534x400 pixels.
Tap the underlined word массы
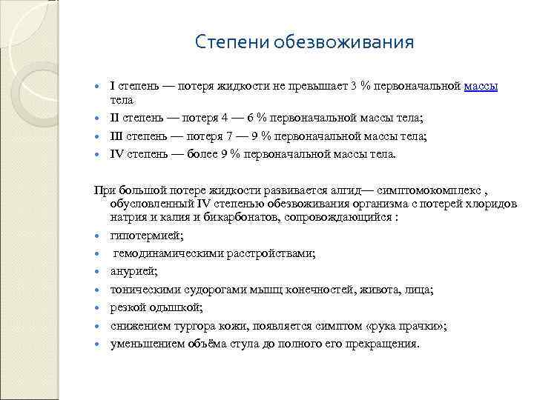481,86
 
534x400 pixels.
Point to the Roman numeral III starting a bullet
118,136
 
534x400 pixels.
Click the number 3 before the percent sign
354,86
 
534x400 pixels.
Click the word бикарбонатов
236,219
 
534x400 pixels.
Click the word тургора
200,326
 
